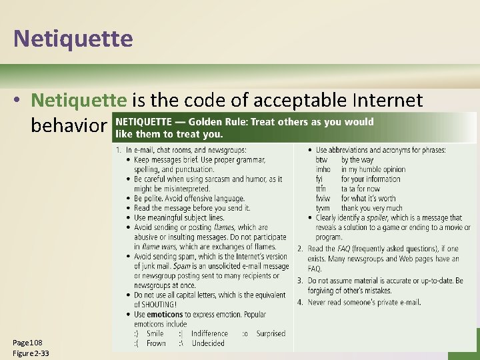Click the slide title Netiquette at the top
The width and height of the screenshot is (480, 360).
pyautogui.click(x=73, y=38)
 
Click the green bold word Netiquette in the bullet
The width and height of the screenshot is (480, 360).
pyautogui.click(x=79, y=100)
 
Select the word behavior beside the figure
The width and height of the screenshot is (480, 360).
pyautogui.click(x=67, y=125)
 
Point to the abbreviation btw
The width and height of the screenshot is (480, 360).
pyautogui.click(x=321, y=160)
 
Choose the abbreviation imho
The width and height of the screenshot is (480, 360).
pyautogui.click(x=323, y=169)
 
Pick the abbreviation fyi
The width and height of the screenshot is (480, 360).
pyautogui.click(x=320, y=179)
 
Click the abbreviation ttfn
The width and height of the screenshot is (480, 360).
pyautogui.click(x=321, y=189)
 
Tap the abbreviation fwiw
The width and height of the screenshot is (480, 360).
pyautogui.click(x=323, y=199)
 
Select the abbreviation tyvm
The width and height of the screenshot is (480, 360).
pyautogui.click(x=323, y=208)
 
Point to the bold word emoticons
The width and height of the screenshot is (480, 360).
pyautogui.click(x=163, y=315)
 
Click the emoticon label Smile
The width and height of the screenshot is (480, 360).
pyautogui.click(x=155, y=333)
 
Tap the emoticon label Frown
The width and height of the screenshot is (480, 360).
pyautogui.click(x=156, y=343)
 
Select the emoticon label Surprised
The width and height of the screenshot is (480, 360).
pyautogui.click(x=270, y=333)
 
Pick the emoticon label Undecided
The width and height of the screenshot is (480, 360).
pyautogui.click(x=208, y=343)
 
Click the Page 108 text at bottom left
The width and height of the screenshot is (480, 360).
pyautogui.click(x=27, y=342)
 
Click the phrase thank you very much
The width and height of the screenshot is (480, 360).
pyautogui.click(x=372, y=208)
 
